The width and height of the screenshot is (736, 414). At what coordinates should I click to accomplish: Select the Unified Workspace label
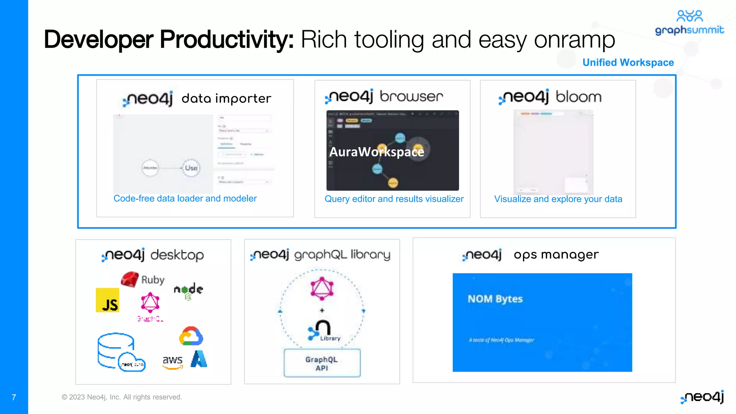[628, 63]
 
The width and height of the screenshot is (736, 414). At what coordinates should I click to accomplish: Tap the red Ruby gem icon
[130, 279]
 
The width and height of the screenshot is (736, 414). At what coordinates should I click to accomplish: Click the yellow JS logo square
[107, 300]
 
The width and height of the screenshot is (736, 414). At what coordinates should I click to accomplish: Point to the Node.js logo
[188, 290]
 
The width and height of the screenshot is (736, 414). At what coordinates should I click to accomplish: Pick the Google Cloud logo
[191, 336]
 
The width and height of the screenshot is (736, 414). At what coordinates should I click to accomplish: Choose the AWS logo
[172, 361]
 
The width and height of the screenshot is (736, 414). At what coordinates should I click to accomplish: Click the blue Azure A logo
[199, 359]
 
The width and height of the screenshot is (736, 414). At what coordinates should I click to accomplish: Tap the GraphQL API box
[322, 363]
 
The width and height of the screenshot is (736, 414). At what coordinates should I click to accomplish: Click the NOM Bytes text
[495, 299]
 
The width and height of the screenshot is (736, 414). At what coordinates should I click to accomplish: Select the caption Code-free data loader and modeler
[185, 198]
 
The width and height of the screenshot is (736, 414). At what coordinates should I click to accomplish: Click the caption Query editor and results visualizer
[394, 199]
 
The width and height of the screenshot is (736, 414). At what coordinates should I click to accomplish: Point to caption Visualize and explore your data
[558, 199]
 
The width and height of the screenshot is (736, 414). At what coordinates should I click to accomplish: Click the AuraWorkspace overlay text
[377, 152]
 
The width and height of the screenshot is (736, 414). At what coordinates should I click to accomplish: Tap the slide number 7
[14, 397]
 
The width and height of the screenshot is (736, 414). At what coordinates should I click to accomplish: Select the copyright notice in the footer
[122, 397]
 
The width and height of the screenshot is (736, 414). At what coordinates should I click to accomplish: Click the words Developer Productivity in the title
[169, 40]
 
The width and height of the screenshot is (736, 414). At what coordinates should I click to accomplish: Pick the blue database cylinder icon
[116, 350]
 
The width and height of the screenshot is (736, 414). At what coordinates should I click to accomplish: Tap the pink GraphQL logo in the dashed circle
[322, 289]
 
